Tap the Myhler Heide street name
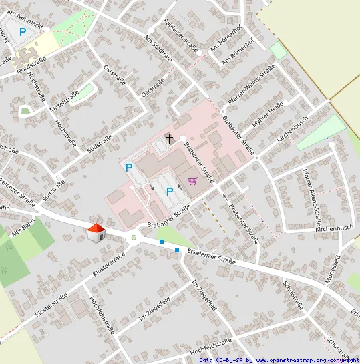(268, 116)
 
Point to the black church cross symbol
(170, 139)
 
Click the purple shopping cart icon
(193, 181)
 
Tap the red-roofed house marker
(96, 233)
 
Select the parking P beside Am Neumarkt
(23, 31)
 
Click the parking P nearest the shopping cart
(170, 193)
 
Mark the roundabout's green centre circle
(134, 237)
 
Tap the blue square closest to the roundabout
(162, 242)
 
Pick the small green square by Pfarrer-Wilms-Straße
(278, 50)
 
